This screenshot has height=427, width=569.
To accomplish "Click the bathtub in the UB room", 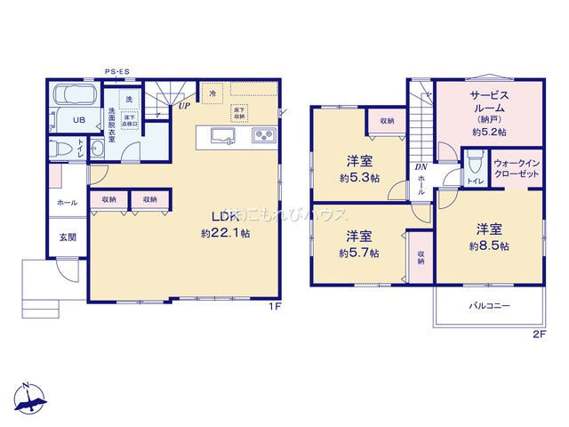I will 73,94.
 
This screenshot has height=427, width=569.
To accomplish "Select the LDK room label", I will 223,216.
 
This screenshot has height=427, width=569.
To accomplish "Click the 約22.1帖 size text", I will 222,233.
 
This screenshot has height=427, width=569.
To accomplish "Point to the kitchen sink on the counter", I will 222,135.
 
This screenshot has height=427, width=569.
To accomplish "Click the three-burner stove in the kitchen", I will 265,135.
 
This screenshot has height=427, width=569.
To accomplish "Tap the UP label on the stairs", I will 184,106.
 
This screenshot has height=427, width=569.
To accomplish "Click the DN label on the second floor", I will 420,165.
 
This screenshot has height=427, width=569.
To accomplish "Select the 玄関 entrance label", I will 68,237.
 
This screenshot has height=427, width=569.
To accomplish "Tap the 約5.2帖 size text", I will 488,132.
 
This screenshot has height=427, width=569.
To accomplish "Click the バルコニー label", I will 489,306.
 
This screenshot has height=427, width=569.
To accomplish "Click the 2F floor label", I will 537,334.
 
